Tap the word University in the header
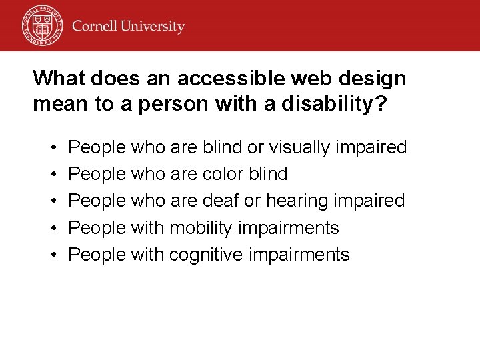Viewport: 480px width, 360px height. pyautogui.click(x=155, y=27)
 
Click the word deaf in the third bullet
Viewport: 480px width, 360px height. pyautogui.click(x=223, y=201)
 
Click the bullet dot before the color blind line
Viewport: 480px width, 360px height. pyautogui.click(x=52, y=175)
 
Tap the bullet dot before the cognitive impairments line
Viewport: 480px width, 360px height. pyautogui.click(x=52, y=255)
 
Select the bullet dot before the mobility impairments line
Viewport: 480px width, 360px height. pyautogui.click(x=52, y=228)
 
